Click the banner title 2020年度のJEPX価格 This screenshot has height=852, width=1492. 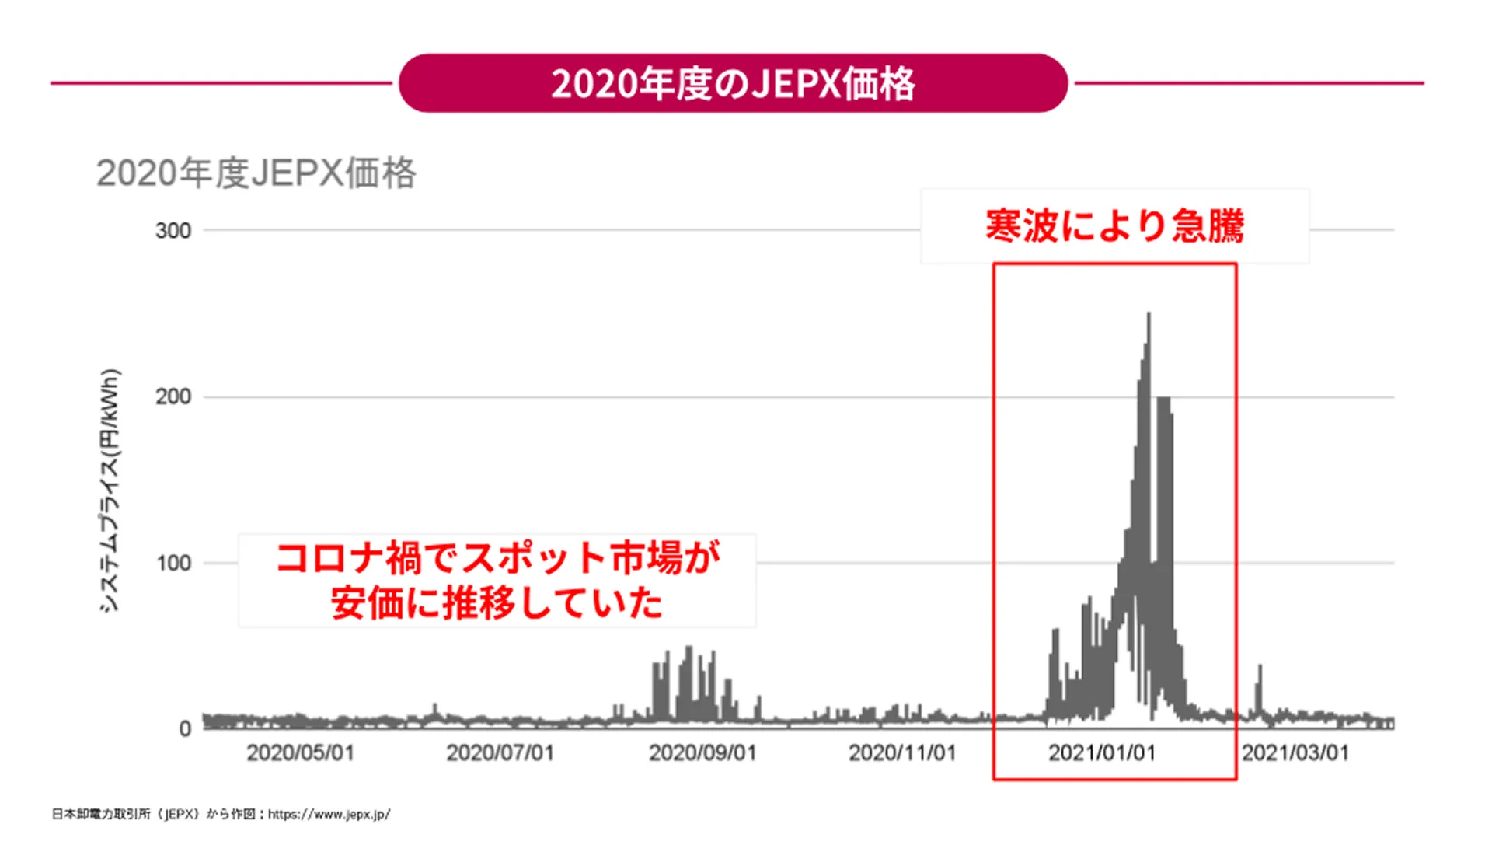click(x=733, y=83)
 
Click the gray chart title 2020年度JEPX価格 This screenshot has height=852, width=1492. click(x=256, y=173)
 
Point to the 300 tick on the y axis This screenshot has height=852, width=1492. click(x=173, y=231)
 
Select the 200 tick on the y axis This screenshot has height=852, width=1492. click(x=173, y=397)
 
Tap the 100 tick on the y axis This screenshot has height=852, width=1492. click(x=173, y=564)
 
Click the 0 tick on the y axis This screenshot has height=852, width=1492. click(x=185, y=729)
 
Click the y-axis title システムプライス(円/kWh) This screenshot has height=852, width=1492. click(x=110, y=491)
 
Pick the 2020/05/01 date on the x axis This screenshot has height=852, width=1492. click(x=300, y=753)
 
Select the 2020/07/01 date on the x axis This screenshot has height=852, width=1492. click(x=500, y=753)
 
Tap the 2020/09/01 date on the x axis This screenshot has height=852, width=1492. click(x=702, y=753)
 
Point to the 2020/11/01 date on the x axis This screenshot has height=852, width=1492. click(x=901, y=753)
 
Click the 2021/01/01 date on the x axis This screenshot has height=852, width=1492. click(x=1102, y=753)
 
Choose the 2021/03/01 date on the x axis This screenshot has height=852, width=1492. click(x=1295, y=753)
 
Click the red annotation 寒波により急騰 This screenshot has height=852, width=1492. click(x=1114, y=226)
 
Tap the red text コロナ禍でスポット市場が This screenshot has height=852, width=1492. click(x=497, y=558)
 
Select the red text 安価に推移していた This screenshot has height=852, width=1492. click(x=497, y=603)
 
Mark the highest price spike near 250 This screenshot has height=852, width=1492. click(x=1149, y=316)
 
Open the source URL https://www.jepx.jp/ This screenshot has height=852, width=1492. click(x=329, y=815)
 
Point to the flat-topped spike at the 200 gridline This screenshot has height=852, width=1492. click(x=1163, y=400)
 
